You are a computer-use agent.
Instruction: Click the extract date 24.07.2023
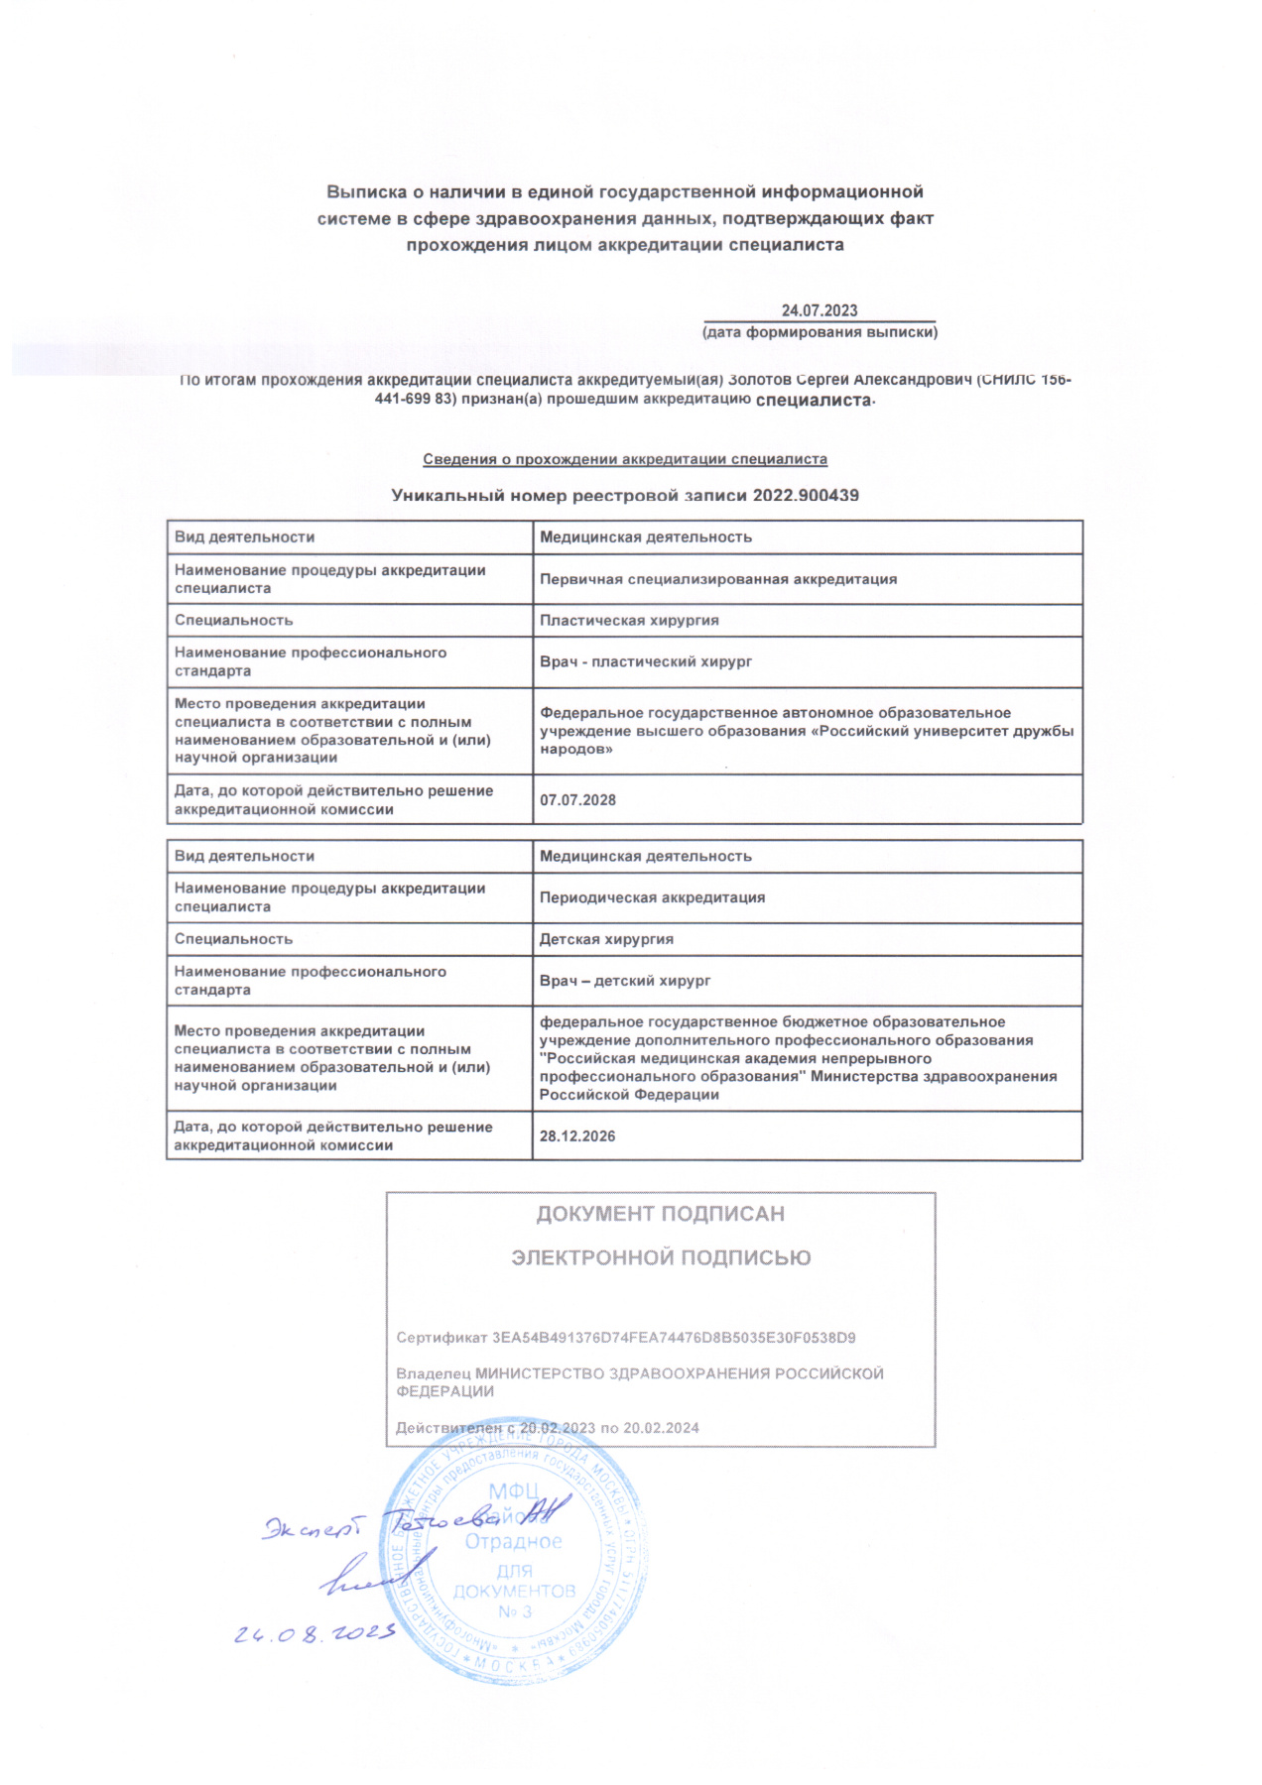point(819,310)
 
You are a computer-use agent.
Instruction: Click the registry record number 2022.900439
point(806,495)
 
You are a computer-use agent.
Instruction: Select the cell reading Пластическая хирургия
point(629,621)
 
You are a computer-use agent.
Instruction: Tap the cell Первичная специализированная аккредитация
point(718,579)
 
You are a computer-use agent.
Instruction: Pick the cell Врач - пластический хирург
point(646,661)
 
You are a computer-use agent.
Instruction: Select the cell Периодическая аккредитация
point(652,897)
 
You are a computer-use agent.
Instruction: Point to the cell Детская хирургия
point(606,939)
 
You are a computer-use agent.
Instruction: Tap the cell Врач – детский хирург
point(625,981)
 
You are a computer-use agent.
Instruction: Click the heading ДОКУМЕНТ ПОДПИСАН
point(660,1214)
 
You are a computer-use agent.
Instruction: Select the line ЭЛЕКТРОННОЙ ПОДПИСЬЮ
point(661,1257)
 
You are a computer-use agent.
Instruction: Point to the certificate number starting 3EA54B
point(674,1338)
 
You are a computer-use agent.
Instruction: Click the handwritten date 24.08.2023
point(315,1633)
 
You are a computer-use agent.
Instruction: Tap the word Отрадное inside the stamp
point(514,1542)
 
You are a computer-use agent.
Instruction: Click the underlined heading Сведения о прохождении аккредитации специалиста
point(625,459)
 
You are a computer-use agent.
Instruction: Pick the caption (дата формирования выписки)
point(820,332)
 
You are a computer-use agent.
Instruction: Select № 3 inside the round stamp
point(514,1611)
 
